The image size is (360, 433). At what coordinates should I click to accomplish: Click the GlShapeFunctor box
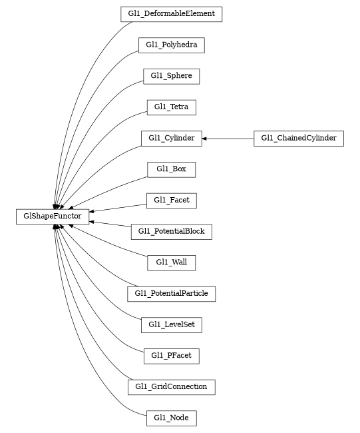[x=53, y=216]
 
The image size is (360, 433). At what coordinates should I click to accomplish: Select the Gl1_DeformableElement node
[x=171, y=14]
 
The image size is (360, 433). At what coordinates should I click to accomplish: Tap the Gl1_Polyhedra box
[x=171, y=45]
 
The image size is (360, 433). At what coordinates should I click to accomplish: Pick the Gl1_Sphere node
[x=171, y=76]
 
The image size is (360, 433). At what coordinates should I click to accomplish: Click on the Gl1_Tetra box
[x=171, y=107]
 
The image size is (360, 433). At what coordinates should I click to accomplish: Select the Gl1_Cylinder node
[x=171, y=139]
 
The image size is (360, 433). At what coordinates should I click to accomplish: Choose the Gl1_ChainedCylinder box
[x=299, y=139]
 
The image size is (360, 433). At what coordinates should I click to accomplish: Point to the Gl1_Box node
[x=171, y=169]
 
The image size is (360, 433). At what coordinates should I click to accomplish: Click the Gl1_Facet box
[x=171, y=200]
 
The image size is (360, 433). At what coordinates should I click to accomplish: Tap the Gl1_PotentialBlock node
[x=171, y=232]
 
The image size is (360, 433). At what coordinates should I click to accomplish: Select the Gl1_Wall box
[x=171, y=262]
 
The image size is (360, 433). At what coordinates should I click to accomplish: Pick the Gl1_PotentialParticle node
[x=171, y=294]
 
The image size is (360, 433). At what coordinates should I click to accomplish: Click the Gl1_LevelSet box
[x=171, y=325]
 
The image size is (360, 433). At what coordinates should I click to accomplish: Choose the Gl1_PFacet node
[x=171, y=356]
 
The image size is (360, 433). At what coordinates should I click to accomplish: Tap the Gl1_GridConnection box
[x=171, y=387]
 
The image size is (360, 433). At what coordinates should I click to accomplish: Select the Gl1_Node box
[x=171, y=418]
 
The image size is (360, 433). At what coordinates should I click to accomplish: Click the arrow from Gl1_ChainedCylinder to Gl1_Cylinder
[x=230, y=139]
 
